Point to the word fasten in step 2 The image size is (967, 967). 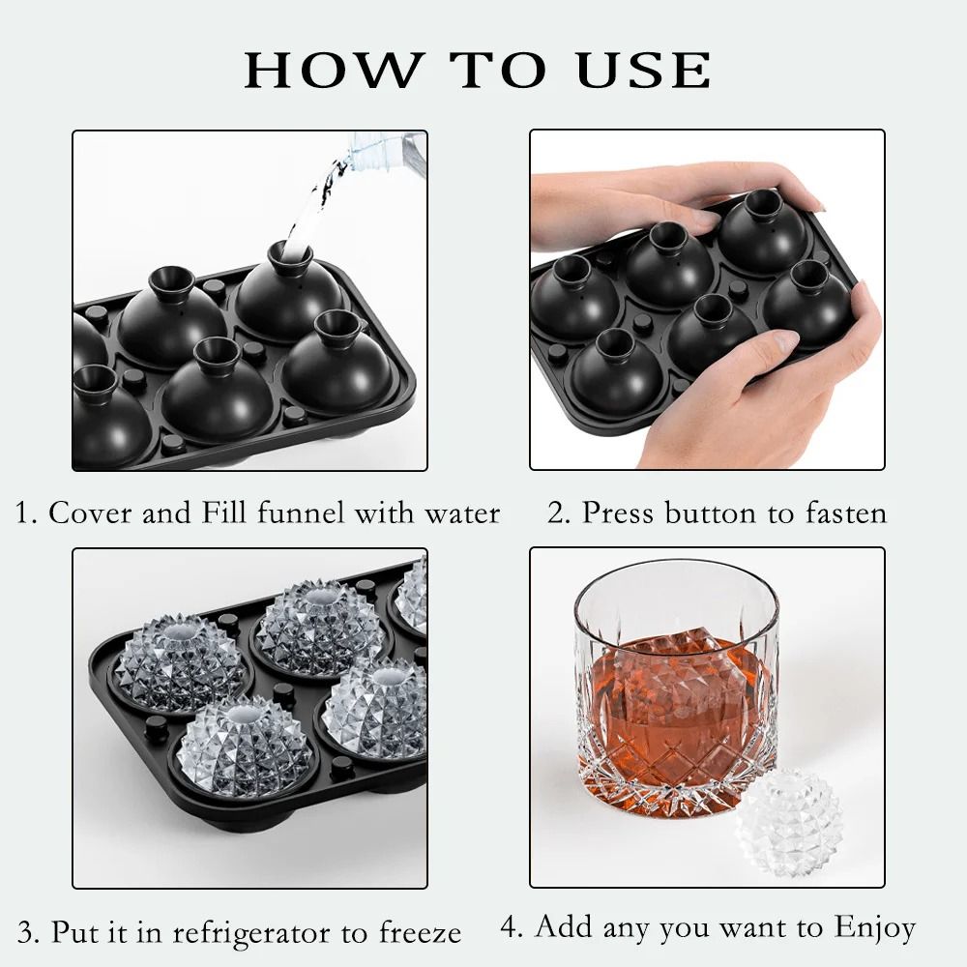point(841,513)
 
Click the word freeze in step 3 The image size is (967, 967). point(419,933)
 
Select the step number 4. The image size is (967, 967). point(510,928)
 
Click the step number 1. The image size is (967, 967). point(24,513)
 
